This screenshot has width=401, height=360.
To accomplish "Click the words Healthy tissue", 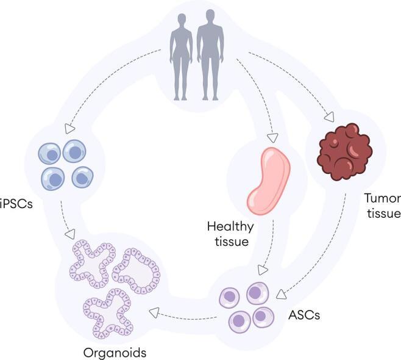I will [230, 234].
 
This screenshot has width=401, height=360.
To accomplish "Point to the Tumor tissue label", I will [381, 206].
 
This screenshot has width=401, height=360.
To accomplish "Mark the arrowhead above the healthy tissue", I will [272, 137].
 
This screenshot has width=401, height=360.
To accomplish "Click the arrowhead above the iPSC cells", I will [69, 129].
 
